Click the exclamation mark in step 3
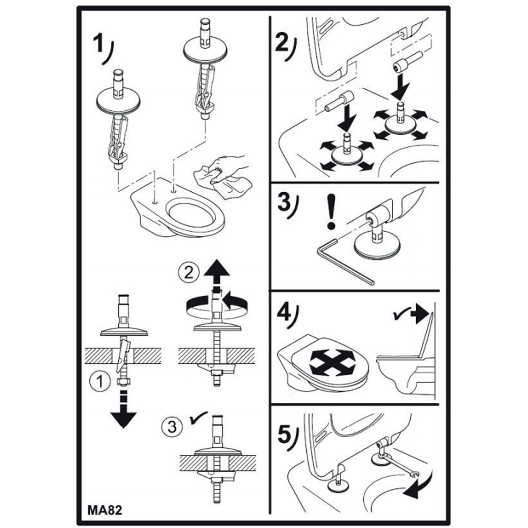(x=332, y=211)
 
